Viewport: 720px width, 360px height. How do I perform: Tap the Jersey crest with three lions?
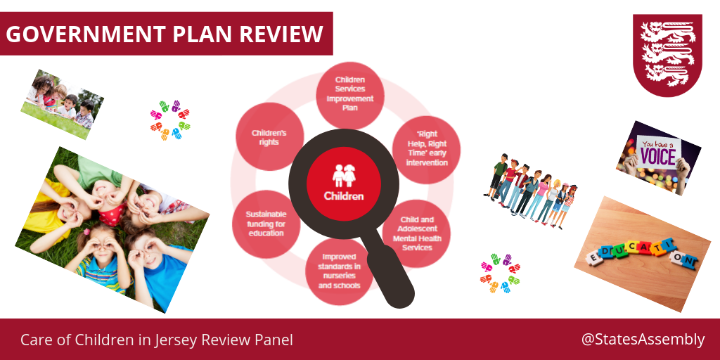coord(667,55)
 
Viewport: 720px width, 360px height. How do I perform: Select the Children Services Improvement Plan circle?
coord(350,95)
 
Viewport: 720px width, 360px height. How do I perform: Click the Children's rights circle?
coord(269,137)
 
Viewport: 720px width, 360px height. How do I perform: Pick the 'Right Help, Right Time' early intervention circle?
coord(426,149)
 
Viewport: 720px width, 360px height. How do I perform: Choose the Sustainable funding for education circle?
coord(266,224)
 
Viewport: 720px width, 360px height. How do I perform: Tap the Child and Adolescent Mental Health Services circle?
coord(416,234)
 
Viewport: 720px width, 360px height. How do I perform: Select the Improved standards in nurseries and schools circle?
coord(339,271)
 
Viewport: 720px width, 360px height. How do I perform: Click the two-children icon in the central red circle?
coord(344,175)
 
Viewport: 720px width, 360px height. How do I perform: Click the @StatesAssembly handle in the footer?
coord(642,340)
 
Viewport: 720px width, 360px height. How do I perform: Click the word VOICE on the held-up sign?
coord(658,156)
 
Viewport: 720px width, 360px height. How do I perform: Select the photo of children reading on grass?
coord(62,104)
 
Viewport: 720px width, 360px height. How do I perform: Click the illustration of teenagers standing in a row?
coord(530,191)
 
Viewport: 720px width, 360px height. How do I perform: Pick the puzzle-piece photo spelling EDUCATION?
coord(642,254)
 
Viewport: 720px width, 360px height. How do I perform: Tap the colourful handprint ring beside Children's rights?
coord(170,120)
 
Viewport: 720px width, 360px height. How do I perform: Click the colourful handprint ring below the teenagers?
coord(500,273)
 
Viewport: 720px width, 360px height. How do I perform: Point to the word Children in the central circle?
coord(343,196)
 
